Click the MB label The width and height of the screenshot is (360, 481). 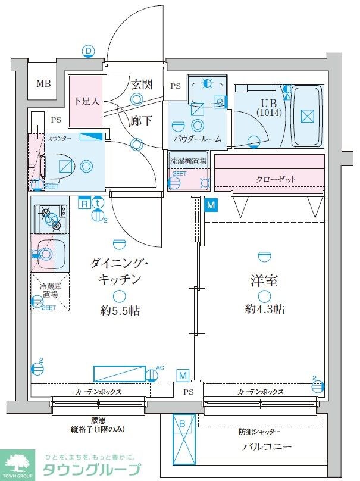43,83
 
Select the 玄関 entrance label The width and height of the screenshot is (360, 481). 142,84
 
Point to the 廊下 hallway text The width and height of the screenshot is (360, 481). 141,120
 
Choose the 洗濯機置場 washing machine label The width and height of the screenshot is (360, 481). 188,161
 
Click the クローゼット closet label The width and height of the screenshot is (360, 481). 276,179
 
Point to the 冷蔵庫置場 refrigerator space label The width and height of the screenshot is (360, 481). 50,291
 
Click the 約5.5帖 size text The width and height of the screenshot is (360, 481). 120,311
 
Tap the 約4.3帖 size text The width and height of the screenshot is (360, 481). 264,309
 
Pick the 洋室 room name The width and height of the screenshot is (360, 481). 264,280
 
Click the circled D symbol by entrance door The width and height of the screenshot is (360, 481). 89,51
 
